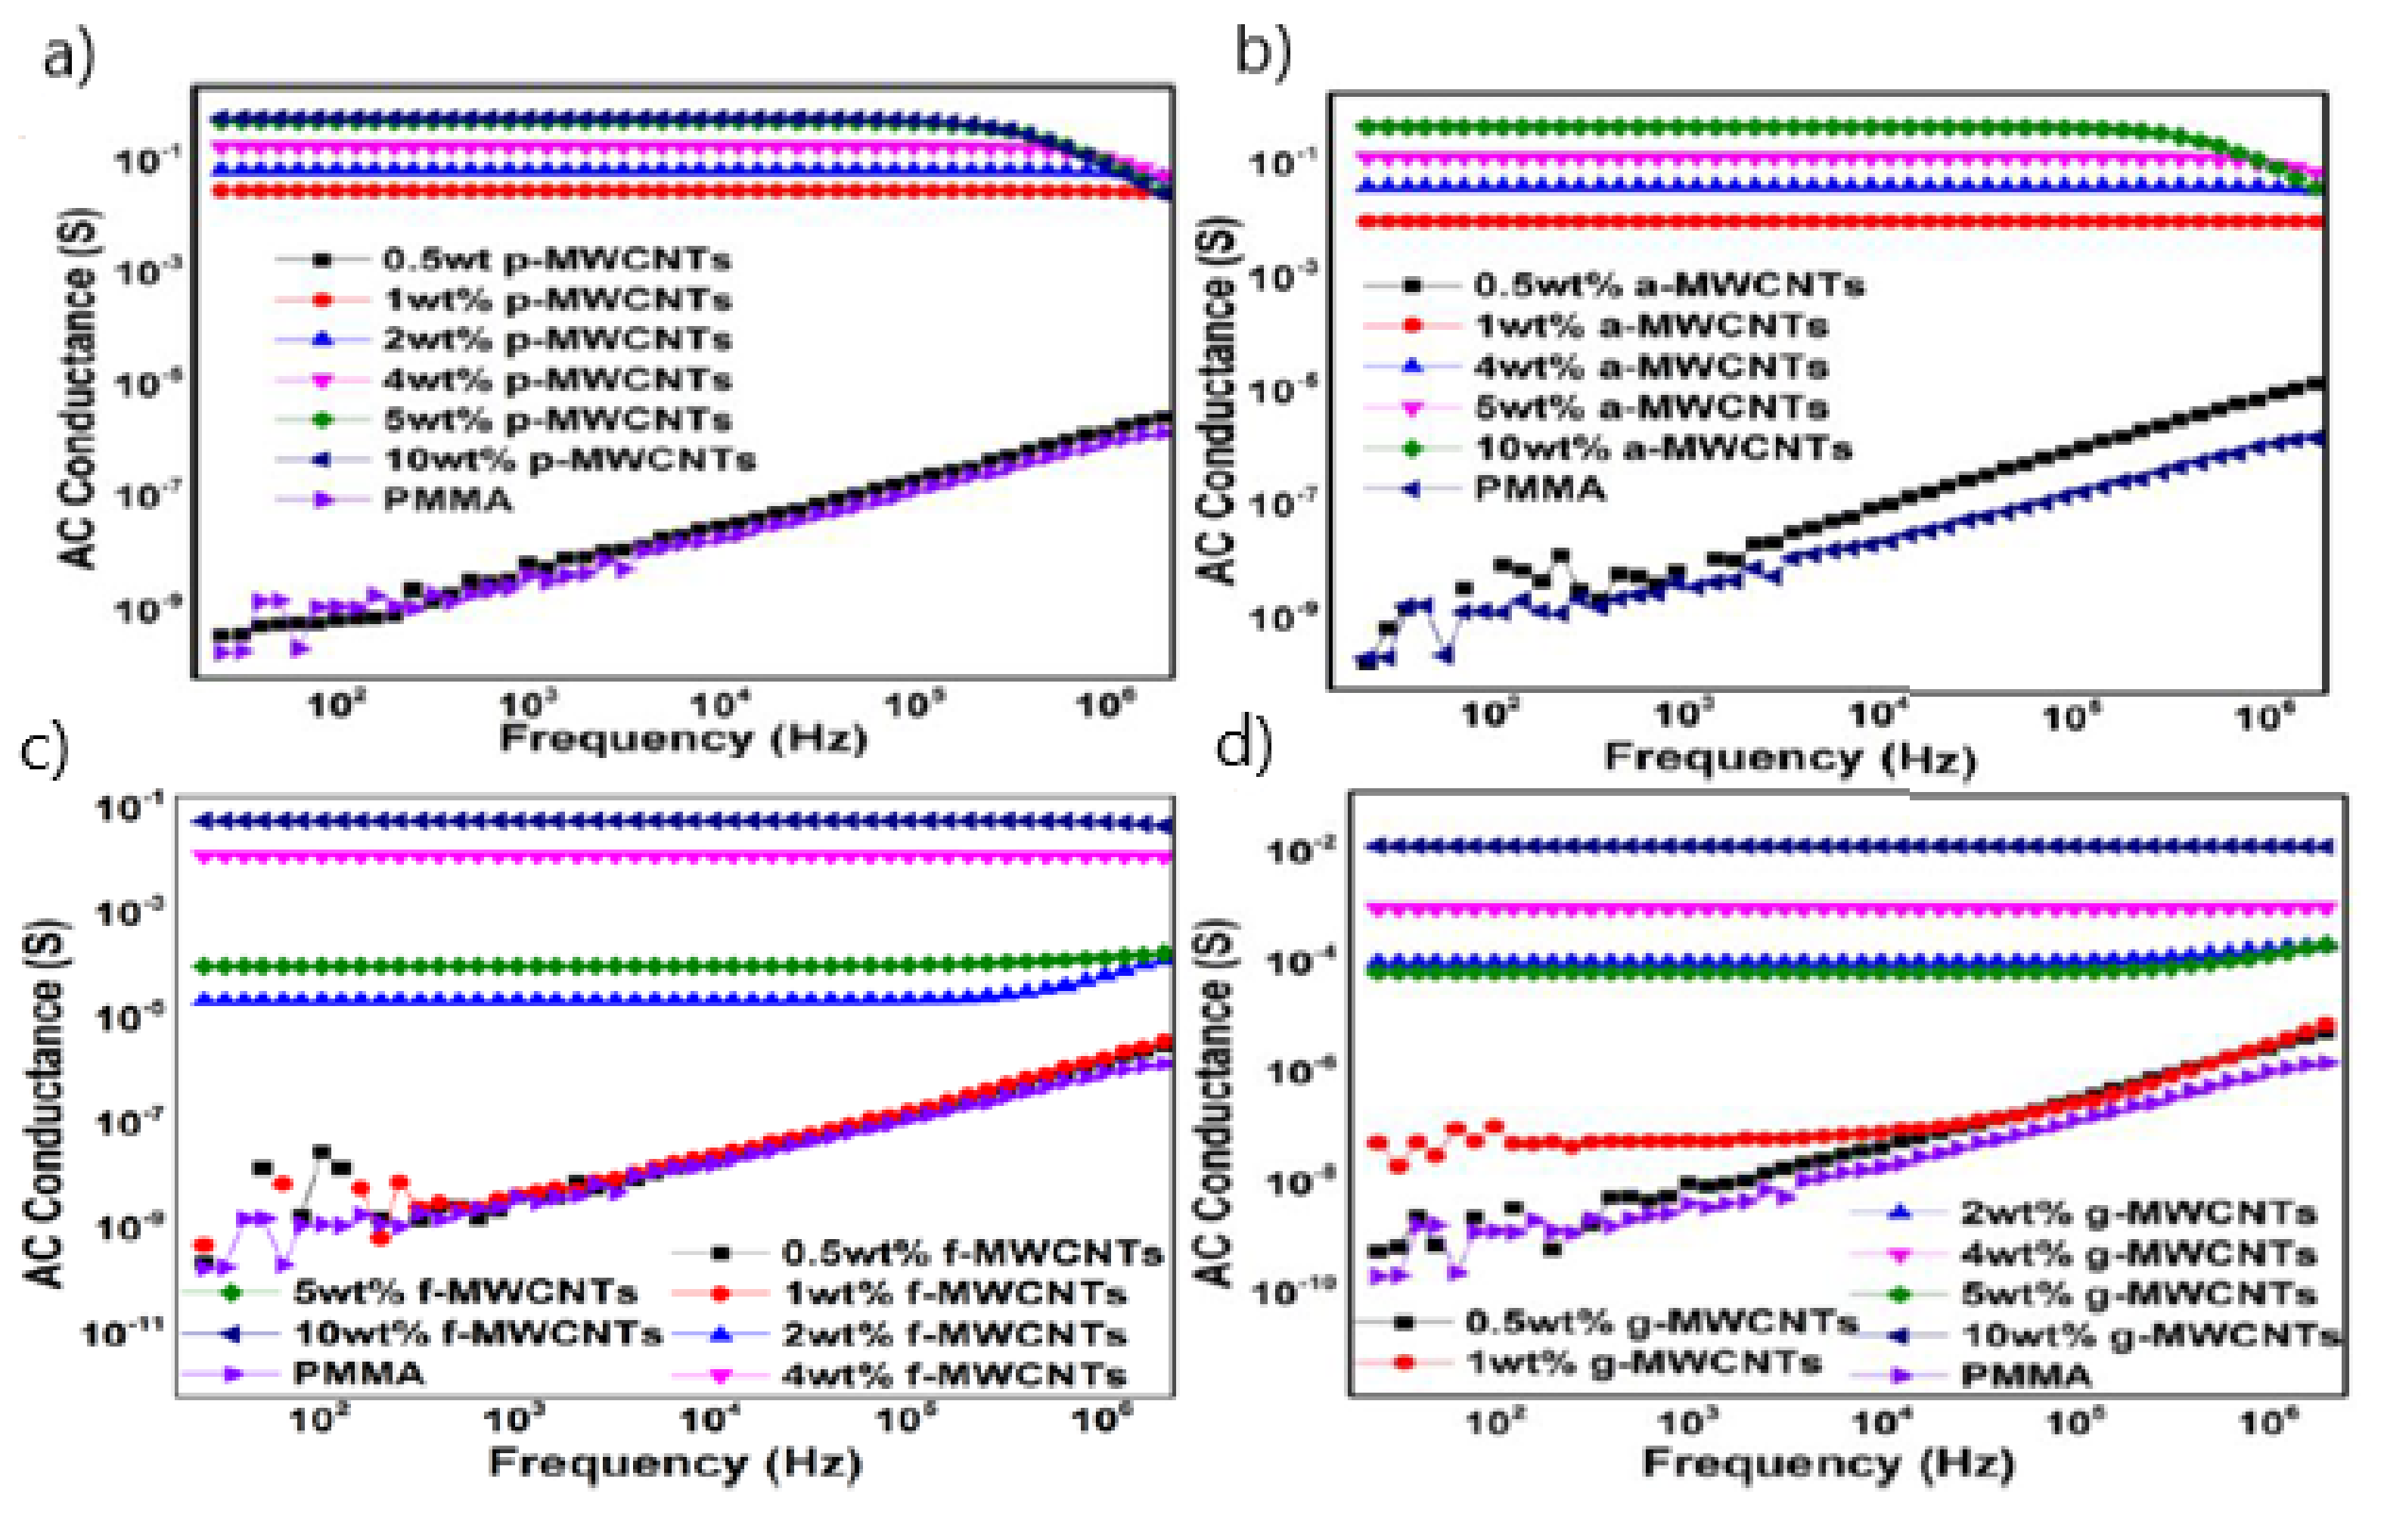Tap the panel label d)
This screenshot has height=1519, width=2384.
tap(1243, 744)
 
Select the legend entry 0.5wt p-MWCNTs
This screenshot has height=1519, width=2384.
tap(555, 259)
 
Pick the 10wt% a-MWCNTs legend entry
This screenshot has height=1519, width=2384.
tap(1662, 448)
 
